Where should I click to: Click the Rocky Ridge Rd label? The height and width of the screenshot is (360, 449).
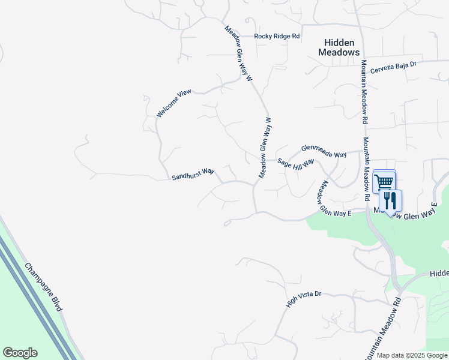coord(276,37)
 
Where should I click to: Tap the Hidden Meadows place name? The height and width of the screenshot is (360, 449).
coord(339,47)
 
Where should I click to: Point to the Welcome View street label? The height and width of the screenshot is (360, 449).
coord(174,103)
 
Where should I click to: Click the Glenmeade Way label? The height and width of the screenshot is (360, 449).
coord(324,151)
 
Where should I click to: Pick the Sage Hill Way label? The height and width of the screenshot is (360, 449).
coord(296,164)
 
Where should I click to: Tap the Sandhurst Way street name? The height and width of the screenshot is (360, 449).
coord(193,174)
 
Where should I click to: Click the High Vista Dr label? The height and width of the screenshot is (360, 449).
coord(304,299)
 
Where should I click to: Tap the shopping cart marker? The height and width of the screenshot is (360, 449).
coord(384,181)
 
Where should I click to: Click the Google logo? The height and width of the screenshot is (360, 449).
coord(20,353)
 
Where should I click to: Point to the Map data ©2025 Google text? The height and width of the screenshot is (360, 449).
coord(412,355)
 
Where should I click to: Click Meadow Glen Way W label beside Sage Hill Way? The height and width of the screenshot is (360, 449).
coord(265,147)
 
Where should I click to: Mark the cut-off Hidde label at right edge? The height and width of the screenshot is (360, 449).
coord(439,273)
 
